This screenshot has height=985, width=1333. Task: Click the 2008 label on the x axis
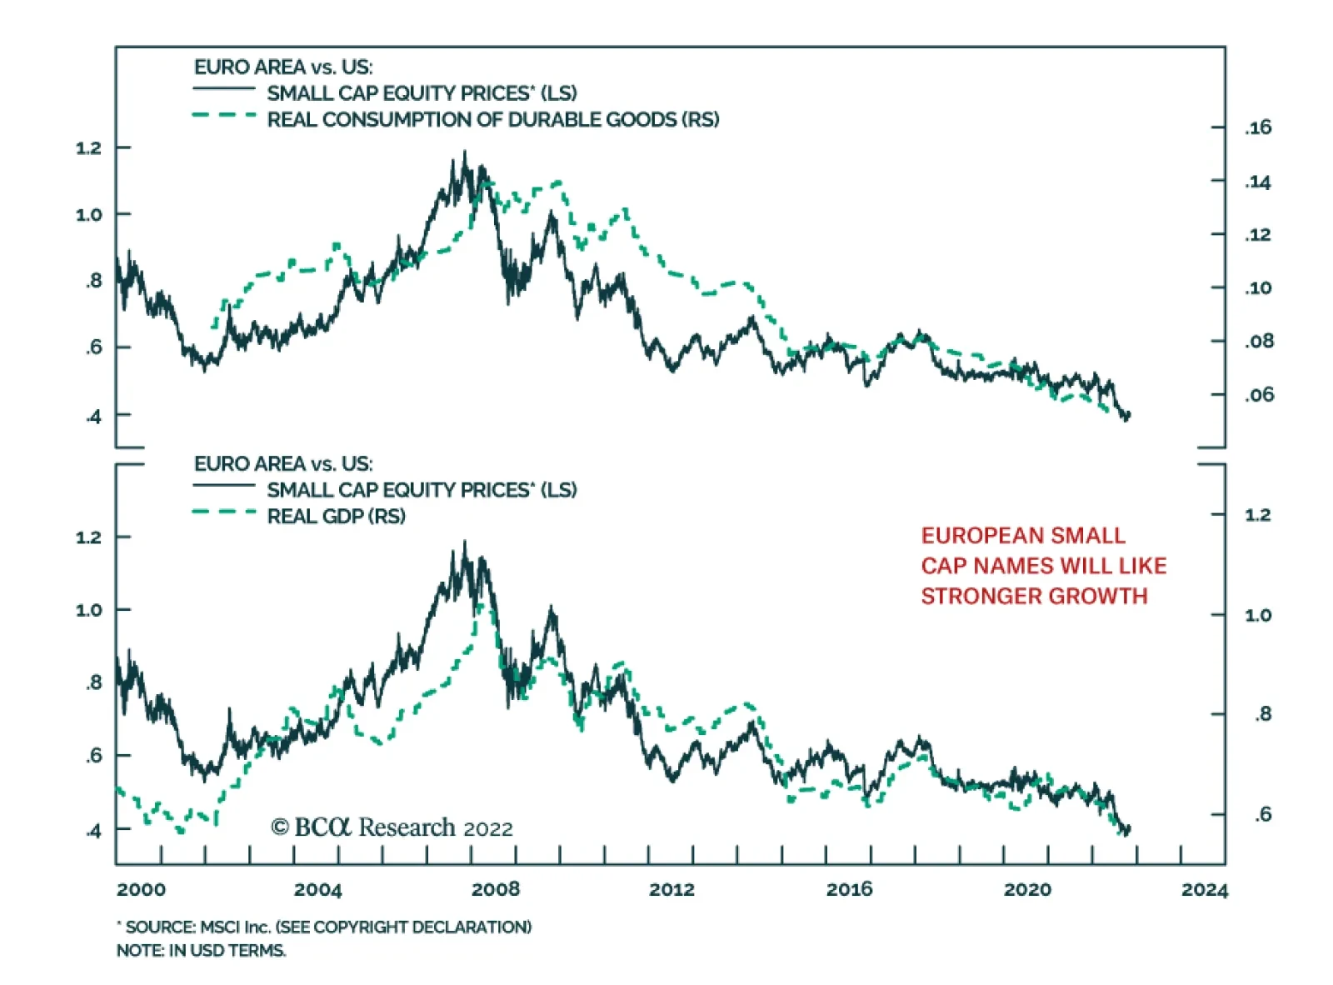pos(495,889)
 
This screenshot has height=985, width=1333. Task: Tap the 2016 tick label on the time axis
pos(849,889)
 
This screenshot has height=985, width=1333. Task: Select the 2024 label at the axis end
pos(1204,890)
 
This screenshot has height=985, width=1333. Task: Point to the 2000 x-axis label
pos(141,889)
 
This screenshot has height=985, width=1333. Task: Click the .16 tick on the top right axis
pos(1258,127)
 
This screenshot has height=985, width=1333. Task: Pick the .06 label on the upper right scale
pos(1259,394)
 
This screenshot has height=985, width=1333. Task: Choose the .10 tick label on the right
pos(1258,288)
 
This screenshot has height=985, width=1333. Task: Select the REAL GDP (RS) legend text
pos(336,516)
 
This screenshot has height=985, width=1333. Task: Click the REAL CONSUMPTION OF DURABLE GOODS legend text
pos(492,120)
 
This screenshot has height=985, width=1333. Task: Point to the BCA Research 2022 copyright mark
pos(392,827)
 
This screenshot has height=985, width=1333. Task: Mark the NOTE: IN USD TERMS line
pos(201,950)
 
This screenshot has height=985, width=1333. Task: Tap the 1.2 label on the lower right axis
pos(1257,515)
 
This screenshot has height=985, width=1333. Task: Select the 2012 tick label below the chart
pos(671,889)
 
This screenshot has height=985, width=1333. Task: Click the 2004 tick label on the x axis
pos(317,889)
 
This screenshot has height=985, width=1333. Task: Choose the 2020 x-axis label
pos(1026,889)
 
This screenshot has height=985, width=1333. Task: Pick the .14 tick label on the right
pos(1258,182)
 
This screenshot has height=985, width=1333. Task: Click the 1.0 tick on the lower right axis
pos(1257,615)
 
